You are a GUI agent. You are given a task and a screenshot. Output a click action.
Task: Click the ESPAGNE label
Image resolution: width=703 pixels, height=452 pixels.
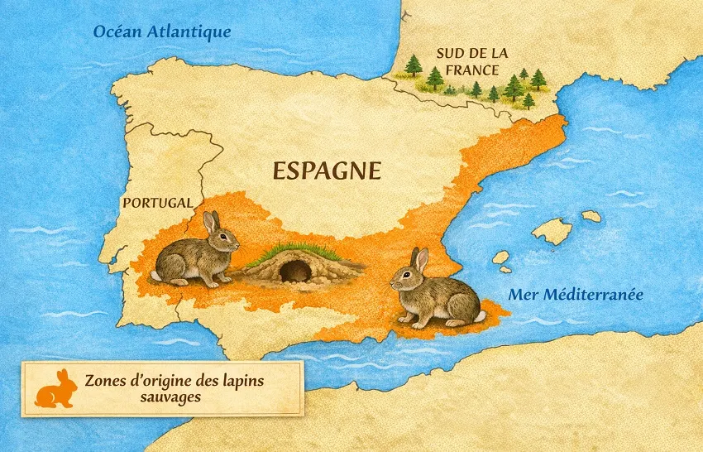pos(328,171)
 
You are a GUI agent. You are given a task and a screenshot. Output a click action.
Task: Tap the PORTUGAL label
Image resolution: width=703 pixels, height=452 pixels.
pos(157,203)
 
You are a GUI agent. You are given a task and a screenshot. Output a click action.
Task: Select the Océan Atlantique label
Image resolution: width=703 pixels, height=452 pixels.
pos(161,31)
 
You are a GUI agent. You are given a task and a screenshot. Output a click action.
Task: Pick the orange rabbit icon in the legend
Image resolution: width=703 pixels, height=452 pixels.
pos(54,388)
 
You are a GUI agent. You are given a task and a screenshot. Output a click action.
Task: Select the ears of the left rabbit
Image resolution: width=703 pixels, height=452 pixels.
pos(211,221)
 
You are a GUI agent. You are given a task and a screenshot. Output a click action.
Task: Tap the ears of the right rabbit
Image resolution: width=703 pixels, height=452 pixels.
pos(419,259)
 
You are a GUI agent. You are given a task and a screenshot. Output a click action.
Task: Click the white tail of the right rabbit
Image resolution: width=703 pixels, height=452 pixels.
pos(479,316)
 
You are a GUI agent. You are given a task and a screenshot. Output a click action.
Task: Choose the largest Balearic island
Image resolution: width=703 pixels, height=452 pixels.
pos(552,231)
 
